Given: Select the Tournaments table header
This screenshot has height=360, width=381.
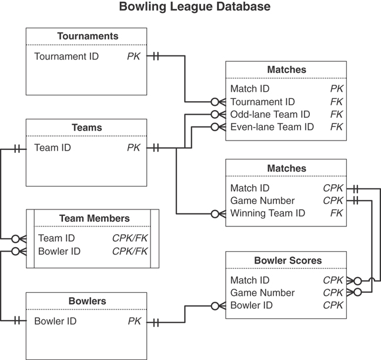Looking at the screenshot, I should coord(87,36).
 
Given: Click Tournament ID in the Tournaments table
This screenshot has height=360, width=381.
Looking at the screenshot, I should coord(66,56).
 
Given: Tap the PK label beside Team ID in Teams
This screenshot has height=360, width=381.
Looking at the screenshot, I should coord(133,148).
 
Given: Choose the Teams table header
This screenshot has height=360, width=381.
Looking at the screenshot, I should coord(87,128).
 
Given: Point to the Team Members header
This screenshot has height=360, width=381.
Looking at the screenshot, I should coord(94,218).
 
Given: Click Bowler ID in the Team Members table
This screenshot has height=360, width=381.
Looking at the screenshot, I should coord(59,251).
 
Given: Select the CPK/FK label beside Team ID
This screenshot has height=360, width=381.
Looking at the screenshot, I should coord(129,238).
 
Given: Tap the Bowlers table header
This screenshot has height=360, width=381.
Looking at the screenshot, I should coord(87,301).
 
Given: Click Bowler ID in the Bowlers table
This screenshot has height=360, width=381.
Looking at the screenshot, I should coord(55,321).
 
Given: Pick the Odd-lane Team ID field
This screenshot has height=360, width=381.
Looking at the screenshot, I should coord(270,114).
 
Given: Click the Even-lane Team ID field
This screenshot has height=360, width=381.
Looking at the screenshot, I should coord(272,126).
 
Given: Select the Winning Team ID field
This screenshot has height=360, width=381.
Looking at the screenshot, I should coord(268,213).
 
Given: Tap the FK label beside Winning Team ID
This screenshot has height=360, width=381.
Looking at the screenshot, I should coord(336,213).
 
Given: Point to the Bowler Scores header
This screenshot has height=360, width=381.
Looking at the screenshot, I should coord(288,260).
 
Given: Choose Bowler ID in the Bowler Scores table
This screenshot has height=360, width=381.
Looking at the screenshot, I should coord(251,305).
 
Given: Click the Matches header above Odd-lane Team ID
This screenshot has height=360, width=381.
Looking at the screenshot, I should coord(286,70).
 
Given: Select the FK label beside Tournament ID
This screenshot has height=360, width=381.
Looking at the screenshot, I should coord(336,102).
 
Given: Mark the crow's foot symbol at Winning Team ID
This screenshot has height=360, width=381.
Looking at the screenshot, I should coord(218,214).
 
